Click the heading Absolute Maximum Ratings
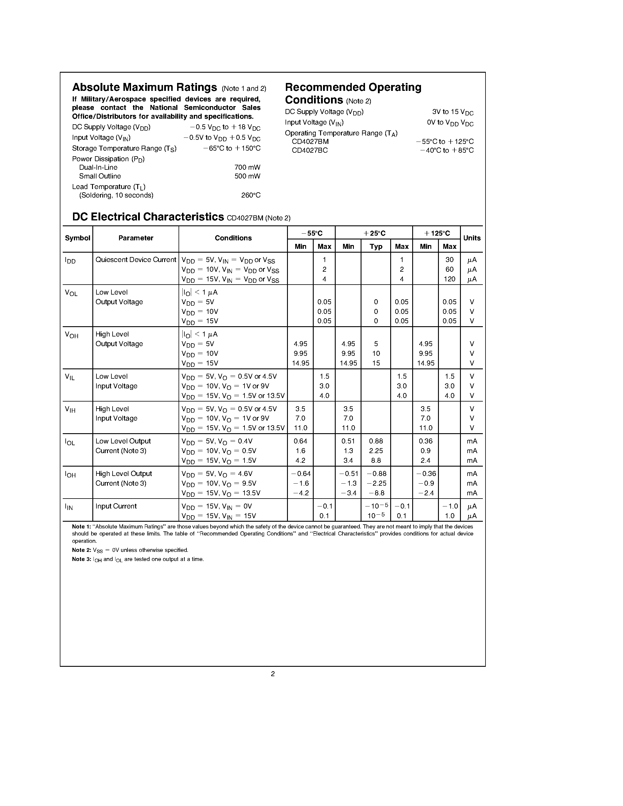pyautogui.click(x=144, y=87)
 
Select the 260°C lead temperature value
pyautogui.click(x=251, y=195)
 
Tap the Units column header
pyautogui.click(x=472, y=238)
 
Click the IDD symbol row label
pyautogui.click(x=70, y=261)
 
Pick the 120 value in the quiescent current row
pyautogui.click(x=449, y=279)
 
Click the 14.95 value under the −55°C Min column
pyautogui.click(x=301, y=363)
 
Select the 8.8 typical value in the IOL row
pyautogui.click(x=376, y=460)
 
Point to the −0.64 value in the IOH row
pyautogui.click(x=301, y=474)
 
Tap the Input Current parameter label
pyautogui.click(x=116, y=506)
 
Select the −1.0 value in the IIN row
pyautogui.click(x=449, y=506)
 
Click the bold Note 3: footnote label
pyautogui.click(x=81, y=559)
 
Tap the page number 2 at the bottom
pyautogui.click(x=273, y=674)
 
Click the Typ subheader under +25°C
pyautogui.click(x=376, y=246)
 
